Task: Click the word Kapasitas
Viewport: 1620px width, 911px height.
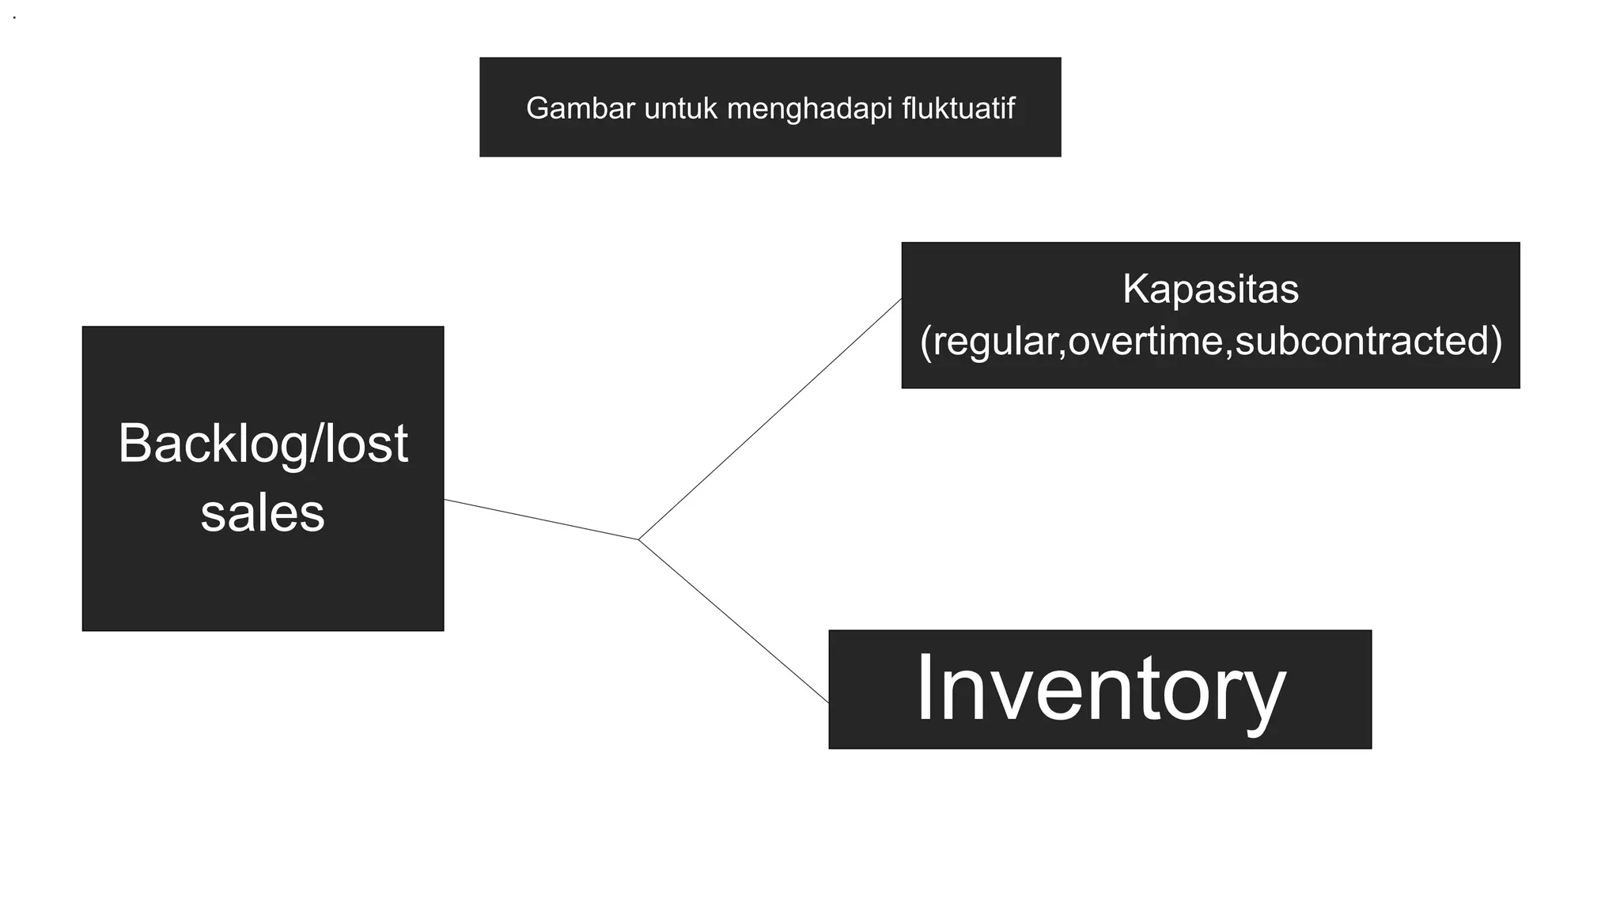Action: [x=1210, y=289]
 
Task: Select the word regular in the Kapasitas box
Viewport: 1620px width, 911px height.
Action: [x=999, y=341]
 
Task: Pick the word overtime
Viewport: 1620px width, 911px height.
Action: [x=1145, y=341]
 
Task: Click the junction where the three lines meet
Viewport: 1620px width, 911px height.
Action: [x=638, y=539]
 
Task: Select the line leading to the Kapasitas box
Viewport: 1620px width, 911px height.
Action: [x=770, y=420]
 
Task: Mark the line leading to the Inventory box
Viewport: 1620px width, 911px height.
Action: [x=733, y=622]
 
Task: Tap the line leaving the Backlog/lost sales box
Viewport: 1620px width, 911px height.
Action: [x=541, y=520]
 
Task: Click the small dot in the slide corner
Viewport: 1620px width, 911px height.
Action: [x=14, y=17]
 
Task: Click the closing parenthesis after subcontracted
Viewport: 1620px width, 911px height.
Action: [x=1496, y=342]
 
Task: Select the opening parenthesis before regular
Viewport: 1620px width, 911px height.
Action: [x=926, y=342]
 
